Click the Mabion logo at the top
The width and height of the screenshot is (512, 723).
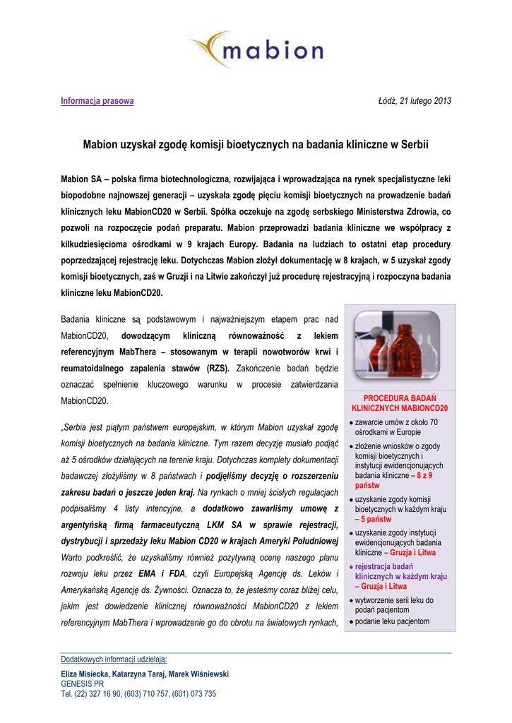click(256, 51)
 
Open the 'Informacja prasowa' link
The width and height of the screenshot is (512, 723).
click(97, 101)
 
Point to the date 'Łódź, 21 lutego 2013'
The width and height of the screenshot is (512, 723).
click(415, 101)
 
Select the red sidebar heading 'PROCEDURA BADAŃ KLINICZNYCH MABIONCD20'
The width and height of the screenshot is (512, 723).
click(400, 403)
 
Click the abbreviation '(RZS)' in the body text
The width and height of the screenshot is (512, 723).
click(218, 368)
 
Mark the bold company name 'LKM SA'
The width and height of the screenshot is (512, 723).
click(225, 525)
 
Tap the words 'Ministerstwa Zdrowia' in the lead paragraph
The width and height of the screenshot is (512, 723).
click(403, 211)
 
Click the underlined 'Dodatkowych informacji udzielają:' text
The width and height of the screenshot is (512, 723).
click(114, 659)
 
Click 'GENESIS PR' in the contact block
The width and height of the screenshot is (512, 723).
click(83, 684)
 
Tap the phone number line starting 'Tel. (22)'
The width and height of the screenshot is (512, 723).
click(138, 694)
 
